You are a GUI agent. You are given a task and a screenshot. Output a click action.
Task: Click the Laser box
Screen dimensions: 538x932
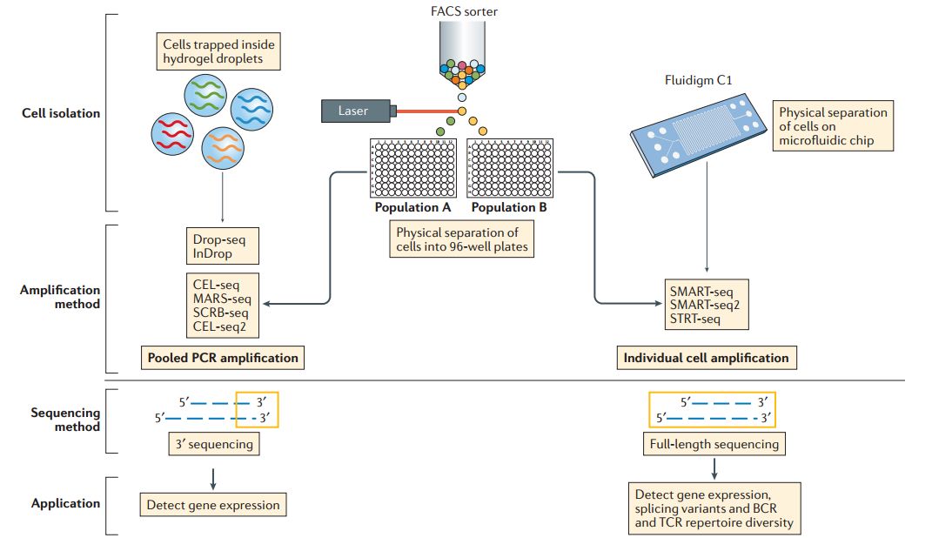pyautogui.click(x=355, y=111)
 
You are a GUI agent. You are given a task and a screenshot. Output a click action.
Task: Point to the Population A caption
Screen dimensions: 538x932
pyautogui.click(x=412, y=207)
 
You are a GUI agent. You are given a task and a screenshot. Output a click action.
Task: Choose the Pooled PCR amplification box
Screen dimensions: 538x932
pyautogui.click(x=223, y=357)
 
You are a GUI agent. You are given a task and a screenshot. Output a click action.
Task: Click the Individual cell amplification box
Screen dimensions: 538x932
pyautogui.click(x=706, y=357)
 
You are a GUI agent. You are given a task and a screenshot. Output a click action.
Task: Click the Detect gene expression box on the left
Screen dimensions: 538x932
pyautogui.click(x=213, y=504)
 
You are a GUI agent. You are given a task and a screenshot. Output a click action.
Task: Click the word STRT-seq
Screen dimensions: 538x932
pyautogui.click(x=695, y=319)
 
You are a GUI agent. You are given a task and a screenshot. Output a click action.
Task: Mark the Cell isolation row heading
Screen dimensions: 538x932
pyautogui.click(x=61, y=113)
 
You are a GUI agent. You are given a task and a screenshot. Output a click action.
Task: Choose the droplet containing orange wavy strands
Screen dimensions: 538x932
pyautogui.click(x=224, y=149)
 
